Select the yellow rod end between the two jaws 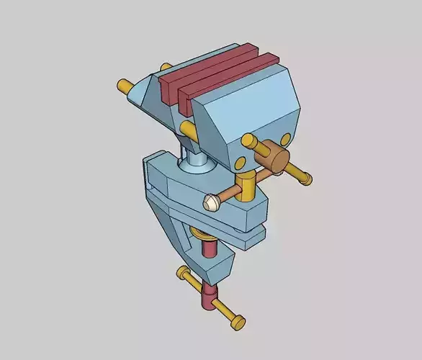click(x=189, y=130)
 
